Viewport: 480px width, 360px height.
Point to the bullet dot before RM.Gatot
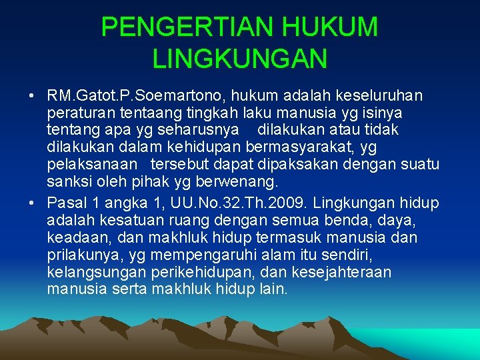[x=32, y=95]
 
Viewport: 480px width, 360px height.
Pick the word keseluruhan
[x=383, y=95]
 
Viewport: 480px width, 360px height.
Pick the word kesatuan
[x=133, y=220]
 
